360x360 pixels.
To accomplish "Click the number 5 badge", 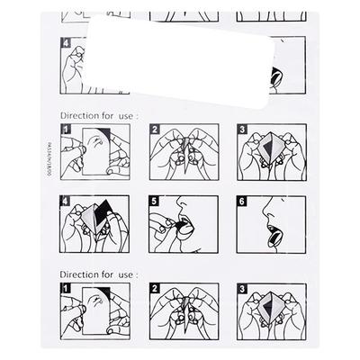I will (x=154, y=202).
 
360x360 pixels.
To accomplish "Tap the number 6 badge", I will (x=242, y=202).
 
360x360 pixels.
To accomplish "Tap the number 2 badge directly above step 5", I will (x=154, y=130).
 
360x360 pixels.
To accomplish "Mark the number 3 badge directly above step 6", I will (x=242, y=130).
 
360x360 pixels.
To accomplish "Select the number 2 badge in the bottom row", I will (x=154, y=289).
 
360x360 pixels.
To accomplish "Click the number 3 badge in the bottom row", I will (x=242, y=289).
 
